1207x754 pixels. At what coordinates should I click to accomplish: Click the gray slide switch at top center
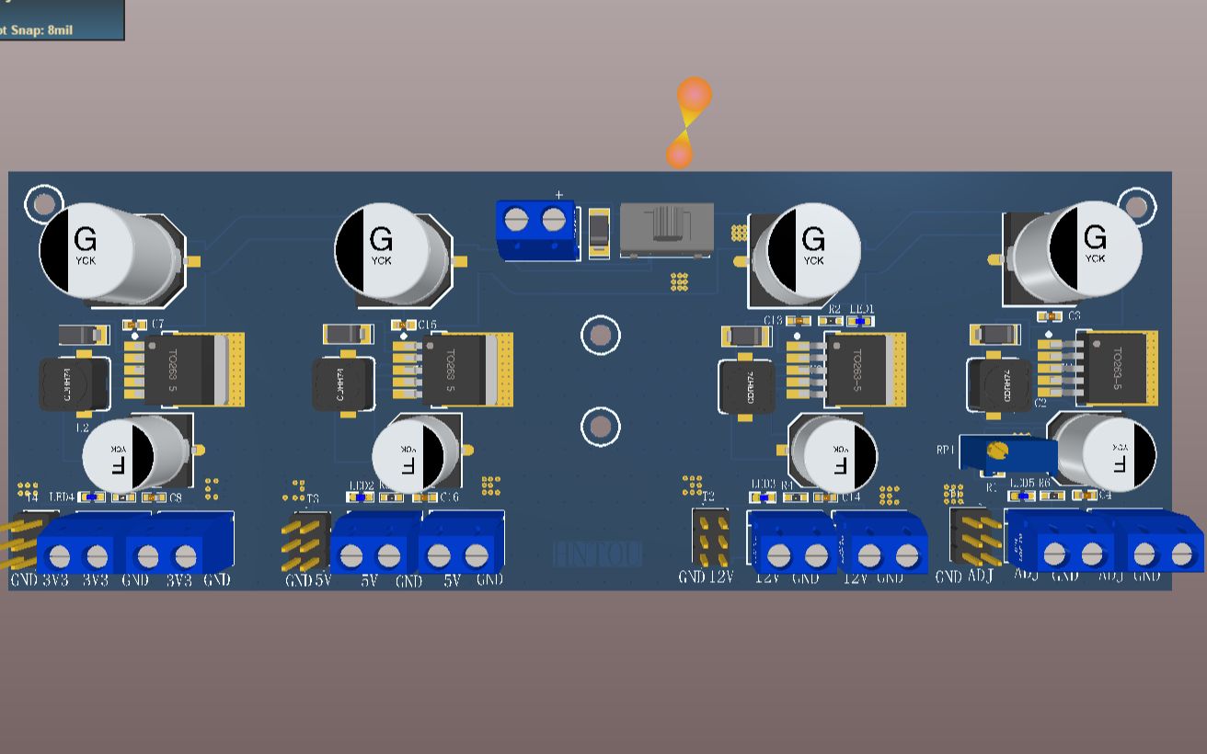[x=666, y=230]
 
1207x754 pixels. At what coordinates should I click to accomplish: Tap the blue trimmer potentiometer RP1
[x=1006, y=452]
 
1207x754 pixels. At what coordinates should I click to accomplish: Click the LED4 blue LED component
[x=91, y=497]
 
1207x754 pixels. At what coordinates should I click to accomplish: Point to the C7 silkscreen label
[x=157, y=325]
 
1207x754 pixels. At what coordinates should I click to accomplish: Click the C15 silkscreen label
[x=427, y=325]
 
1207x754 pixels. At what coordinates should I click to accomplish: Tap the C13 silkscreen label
[x=772, y=320]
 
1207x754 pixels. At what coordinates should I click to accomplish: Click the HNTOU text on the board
[x=597, y=554]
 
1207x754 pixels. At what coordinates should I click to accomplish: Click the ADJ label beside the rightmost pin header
[x=981, y=577]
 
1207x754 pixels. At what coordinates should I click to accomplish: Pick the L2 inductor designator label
[x=81, y=428]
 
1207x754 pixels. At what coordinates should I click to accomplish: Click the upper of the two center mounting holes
[x=600, y=336]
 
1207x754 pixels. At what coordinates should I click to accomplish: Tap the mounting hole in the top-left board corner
[x=43, y=203]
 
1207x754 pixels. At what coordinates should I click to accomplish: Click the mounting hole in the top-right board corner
[x=1137, y=206]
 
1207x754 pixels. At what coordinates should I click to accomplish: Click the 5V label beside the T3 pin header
[x=322, y=580]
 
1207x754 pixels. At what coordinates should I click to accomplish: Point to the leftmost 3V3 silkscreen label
[x=57, y=580]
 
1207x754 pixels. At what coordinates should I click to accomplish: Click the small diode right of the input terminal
[x=599, y=231]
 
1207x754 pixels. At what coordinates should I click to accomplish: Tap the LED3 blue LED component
[x=760, y=497]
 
